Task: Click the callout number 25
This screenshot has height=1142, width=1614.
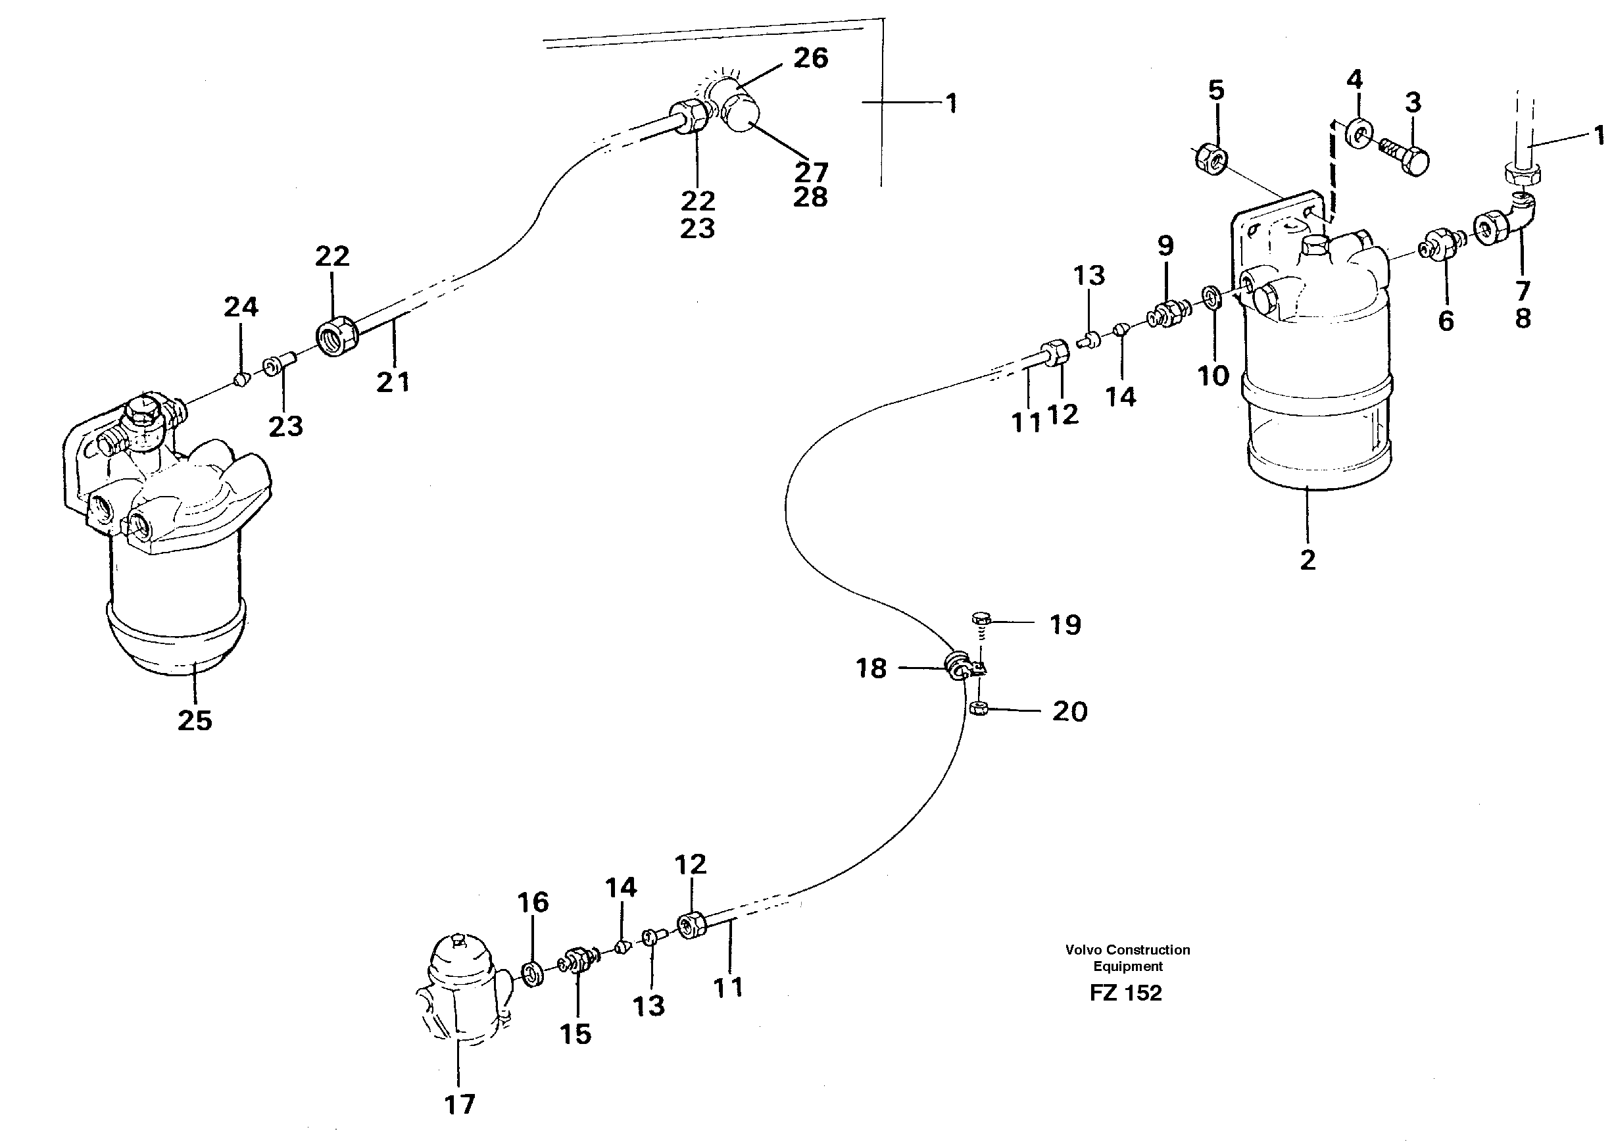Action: (x=195, y=721)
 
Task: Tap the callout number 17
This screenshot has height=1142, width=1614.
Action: (x=460, y=1105)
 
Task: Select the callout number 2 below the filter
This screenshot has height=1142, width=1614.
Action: (x=1308, y=560)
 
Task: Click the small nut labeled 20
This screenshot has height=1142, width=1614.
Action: (x=977, y=709)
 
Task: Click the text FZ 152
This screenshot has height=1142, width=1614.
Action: (x=1125, y=993)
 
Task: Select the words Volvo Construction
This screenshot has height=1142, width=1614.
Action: (x=1127, y=950)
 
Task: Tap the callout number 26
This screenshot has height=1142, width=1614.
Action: (x=810, y=59)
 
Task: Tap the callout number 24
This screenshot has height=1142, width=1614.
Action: (x=241, y=307)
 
